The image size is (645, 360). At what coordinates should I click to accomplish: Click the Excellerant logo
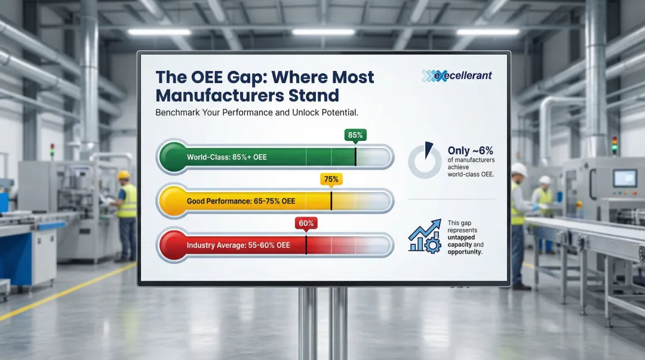457,76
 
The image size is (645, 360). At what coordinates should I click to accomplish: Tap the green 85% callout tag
355,136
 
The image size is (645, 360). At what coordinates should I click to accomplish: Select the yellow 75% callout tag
331,179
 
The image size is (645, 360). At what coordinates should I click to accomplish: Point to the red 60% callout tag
306,223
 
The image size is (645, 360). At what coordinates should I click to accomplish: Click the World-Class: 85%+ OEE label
226,158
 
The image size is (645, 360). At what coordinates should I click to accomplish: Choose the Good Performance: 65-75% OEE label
241,201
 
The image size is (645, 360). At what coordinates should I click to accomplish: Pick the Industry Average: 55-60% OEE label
238,245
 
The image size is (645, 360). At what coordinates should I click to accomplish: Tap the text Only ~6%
470,151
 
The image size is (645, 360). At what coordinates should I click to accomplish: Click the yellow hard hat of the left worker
124,175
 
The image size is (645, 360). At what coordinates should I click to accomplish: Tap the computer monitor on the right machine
625,178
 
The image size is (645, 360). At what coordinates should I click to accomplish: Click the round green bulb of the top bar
171,157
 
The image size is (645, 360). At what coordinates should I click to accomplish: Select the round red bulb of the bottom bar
171,245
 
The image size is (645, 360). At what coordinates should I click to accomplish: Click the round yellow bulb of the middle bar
171,201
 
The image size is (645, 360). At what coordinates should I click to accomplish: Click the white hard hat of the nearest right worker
519,170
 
